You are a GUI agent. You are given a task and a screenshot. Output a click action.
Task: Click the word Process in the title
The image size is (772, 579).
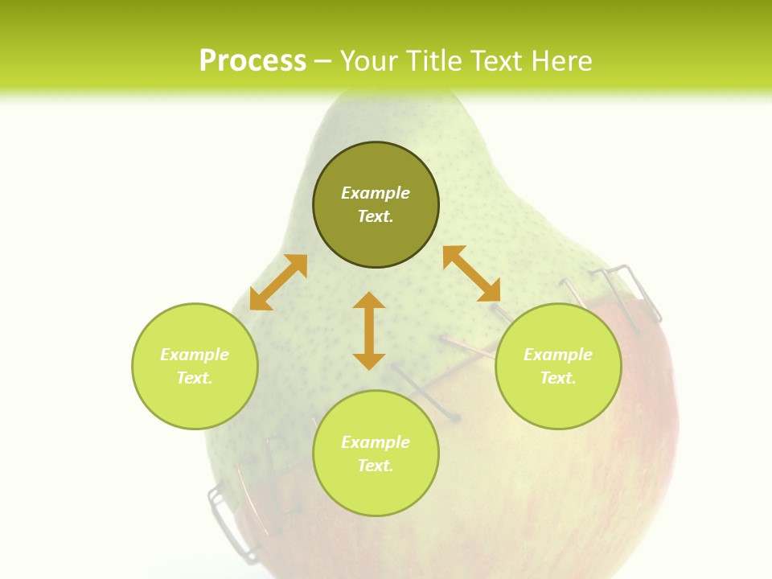(253, 61)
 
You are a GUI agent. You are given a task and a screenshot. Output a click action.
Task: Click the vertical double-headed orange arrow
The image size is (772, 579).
(369, 331)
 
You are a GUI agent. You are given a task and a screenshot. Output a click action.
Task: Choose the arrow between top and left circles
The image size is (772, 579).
(278, 282)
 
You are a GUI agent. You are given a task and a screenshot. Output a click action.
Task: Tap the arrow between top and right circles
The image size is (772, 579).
(471, 273)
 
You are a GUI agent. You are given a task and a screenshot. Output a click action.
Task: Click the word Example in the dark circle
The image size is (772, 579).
(376, 193)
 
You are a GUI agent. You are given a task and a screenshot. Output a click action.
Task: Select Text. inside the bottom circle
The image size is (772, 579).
(376, 466)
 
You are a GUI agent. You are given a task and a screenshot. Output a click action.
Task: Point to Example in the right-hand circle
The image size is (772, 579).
(558, 355)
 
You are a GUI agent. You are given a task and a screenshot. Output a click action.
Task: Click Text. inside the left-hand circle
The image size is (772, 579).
(195, 378)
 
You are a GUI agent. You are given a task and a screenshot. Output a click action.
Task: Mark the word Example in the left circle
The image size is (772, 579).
(195, 355)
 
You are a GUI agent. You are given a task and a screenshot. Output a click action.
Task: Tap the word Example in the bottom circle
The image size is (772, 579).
(376, 442)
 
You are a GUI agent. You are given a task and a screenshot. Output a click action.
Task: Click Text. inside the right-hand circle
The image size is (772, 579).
(558, 378)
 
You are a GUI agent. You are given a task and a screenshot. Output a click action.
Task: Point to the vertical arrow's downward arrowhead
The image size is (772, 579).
(369, 359)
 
